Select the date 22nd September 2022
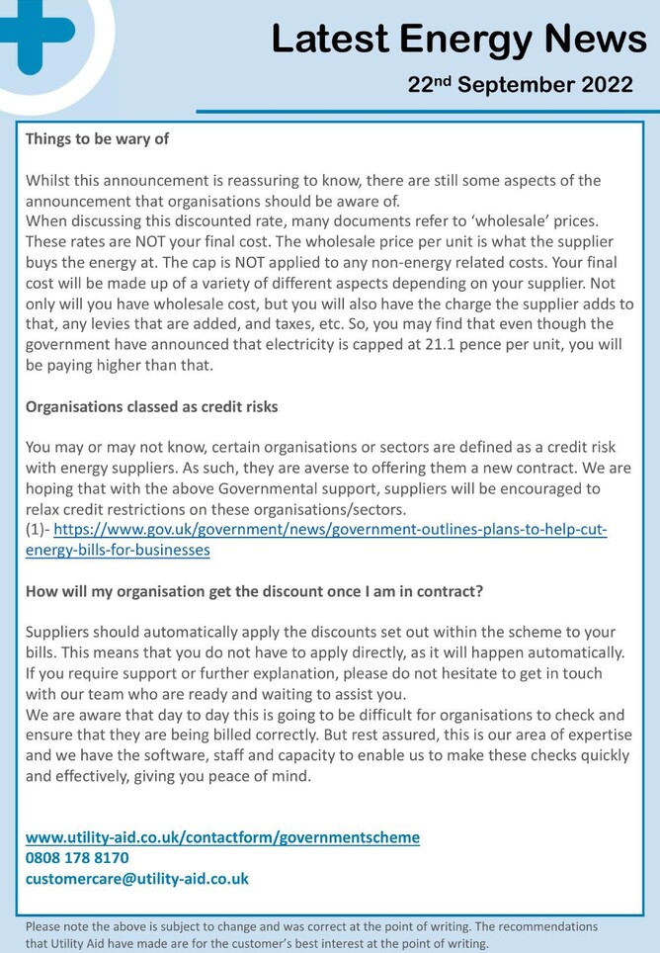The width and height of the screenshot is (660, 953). (520, 85)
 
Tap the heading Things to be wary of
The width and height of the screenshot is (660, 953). (97, 138)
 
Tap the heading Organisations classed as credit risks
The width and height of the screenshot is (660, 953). (151, 406)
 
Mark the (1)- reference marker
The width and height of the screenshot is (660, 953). (37, 530)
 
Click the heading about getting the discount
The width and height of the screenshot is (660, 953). (254, 591)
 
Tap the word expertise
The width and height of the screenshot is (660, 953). (589, 735)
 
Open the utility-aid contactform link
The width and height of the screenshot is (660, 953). (222, 837)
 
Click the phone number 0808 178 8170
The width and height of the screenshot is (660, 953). (77, 858)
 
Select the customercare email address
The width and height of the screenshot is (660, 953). (137, 878)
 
